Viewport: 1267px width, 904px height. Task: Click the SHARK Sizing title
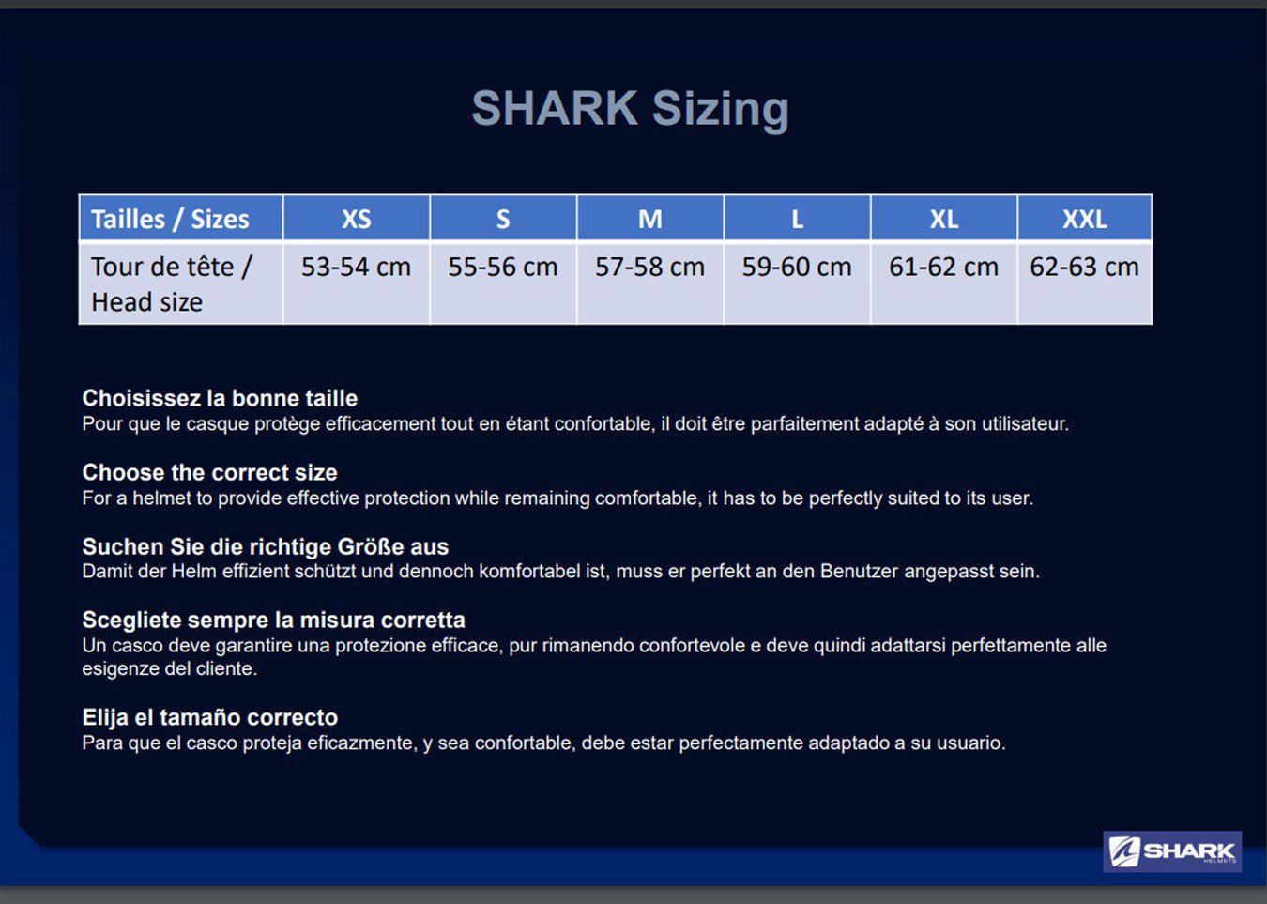click(x=630, y=109)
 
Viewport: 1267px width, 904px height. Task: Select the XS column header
click(x=357, y=219)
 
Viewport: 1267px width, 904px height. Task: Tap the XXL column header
click(x=1084, y=219)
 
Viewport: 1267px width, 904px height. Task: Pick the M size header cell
click(x=649, y=219)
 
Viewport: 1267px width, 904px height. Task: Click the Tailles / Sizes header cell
click(x=181, y=219)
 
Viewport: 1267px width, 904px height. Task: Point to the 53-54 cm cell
click(x=357, y=283)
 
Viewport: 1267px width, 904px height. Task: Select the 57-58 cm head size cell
click(x=649, y=283)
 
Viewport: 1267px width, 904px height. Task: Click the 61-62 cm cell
click(x=943, y=283)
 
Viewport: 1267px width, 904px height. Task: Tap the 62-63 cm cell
click(x=1084, y=283)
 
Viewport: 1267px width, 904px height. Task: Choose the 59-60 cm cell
click(x=797, y=283)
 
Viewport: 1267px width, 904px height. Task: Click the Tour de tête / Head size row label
click(x=181, y=283)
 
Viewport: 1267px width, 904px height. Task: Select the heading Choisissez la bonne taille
click(x=220, y=398)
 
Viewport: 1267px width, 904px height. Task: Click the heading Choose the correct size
click(x=210, y=472)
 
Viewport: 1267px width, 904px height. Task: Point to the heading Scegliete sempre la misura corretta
click(x=274, y=620)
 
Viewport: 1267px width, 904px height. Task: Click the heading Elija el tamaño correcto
click(x=210, y=717)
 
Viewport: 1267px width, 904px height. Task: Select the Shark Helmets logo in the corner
click(x=1172, y=851)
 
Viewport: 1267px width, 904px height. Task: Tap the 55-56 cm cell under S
click(x=503, y=283)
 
